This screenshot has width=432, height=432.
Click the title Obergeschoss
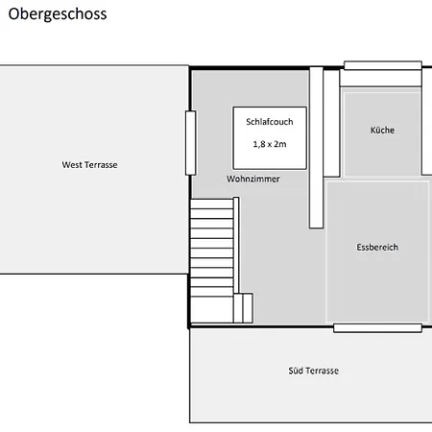(57, 15)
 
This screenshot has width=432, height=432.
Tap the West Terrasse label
(89, 165)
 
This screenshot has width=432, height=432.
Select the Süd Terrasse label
(313, 371)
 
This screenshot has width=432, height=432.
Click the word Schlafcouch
(270, 122)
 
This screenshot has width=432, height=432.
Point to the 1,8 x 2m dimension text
(270, 143)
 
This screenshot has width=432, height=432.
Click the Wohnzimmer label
(253, 180)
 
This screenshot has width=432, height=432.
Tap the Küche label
(382, 131)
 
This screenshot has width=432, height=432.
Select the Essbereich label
(376, 248)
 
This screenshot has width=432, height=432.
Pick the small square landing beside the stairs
(242, 308)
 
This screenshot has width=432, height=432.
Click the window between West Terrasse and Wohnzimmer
(190, 142)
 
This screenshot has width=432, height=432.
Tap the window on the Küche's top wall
(382, 65)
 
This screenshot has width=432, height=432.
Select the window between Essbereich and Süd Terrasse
(377, 328)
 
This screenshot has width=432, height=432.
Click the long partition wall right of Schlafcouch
(316, 148)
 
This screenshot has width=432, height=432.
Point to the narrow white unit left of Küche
(332, 123)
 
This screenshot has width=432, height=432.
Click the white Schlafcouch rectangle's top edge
(270, 107)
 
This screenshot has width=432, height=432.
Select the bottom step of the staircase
(212, 319)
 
